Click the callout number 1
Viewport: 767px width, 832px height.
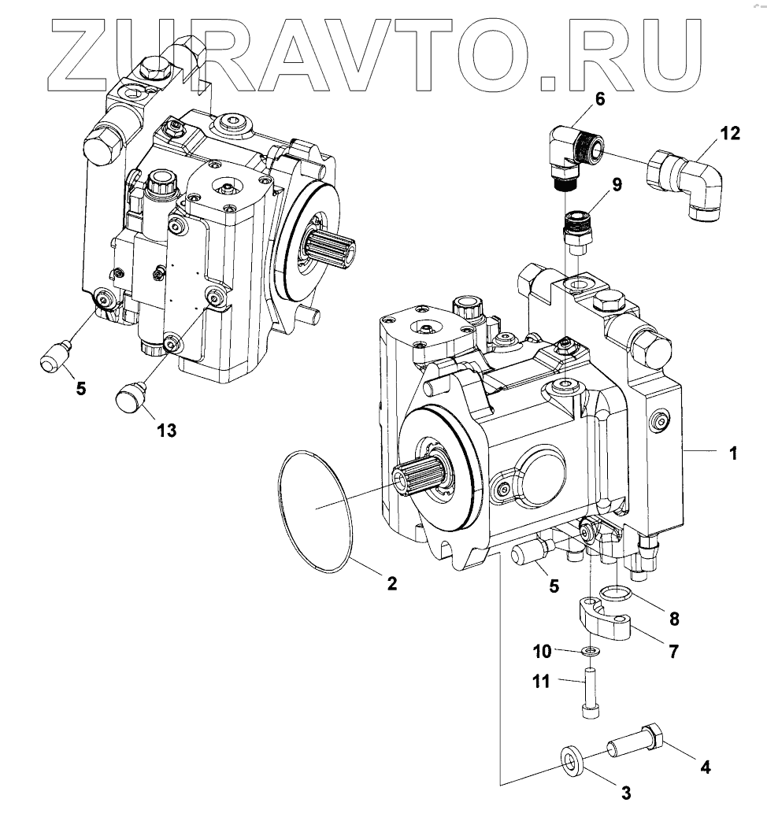click(732, 453)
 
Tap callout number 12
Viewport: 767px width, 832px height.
click(730, 133)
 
